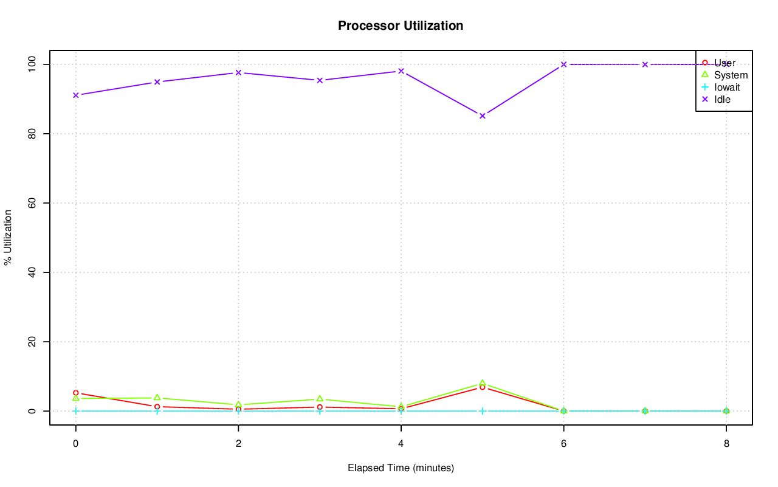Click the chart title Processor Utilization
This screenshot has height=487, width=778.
[401, 26]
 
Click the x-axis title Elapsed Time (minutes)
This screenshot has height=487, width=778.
[401, 468]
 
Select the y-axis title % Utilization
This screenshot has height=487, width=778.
[8, 238]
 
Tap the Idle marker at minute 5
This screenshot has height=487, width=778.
[482, 116]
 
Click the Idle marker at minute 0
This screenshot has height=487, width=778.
[75, 95]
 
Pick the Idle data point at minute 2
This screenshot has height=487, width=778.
[238, 72]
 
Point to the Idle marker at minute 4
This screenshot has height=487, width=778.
[401, 71]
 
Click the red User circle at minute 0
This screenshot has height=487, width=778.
[75, 393]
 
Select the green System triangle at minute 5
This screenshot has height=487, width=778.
[482, 383]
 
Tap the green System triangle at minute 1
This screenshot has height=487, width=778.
[157, 398]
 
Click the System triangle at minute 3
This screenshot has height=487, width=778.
[320, 399]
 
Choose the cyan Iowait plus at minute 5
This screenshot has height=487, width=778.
[482, 411]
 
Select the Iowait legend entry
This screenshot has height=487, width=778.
[727, 87]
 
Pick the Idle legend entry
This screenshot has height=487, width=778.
[722, 99]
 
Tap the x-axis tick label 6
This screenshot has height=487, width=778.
[563, 443]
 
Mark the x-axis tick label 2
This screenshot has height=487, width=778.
[238, 443]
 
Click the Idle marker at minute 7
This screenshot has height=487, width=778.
[645, 64]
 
